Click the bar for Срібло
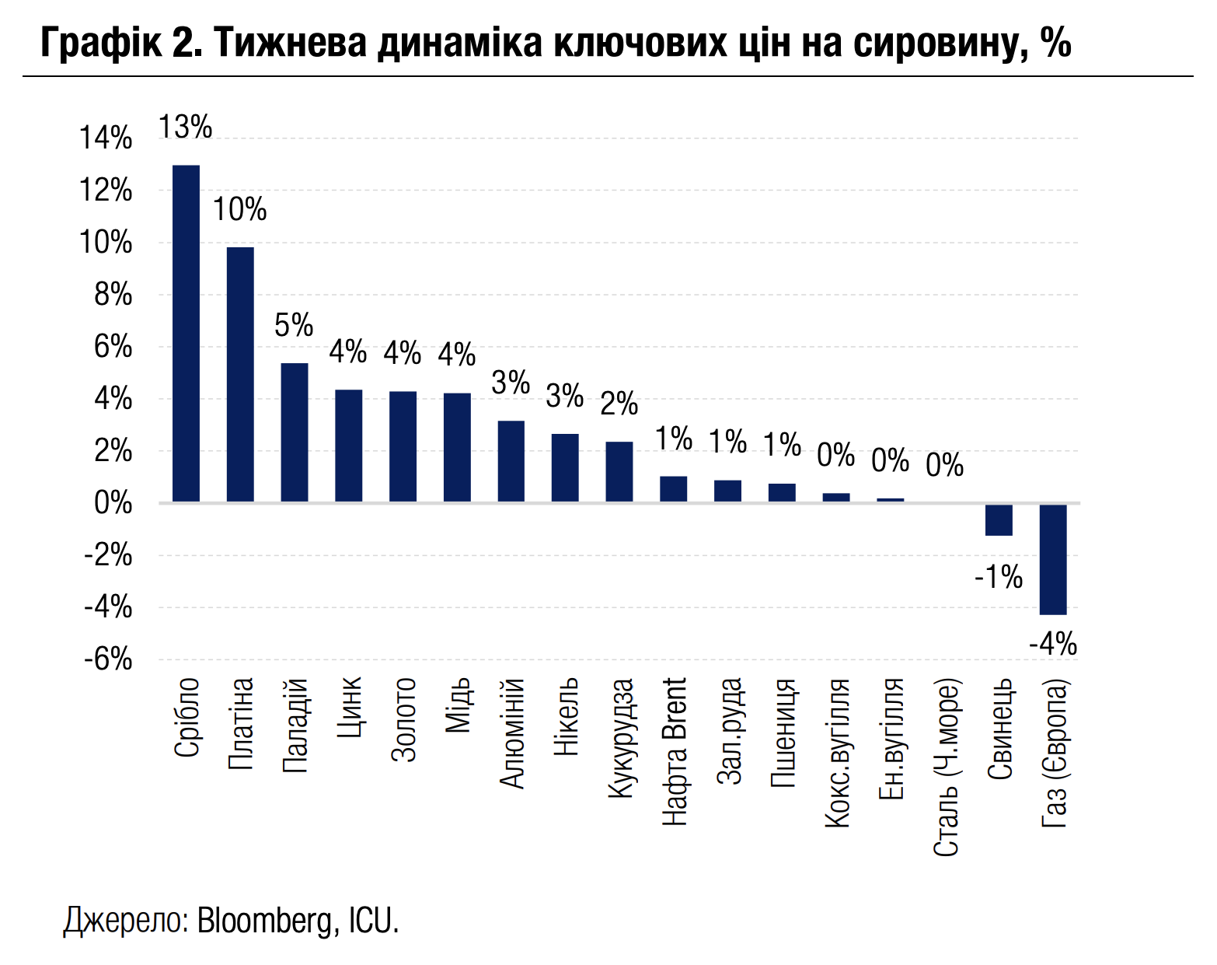pyautogui.click(x=186, y=334)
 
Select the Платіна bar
pyautogui.click(x=240, y=374)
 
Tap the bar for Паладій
pyautogui.click(x=295, y=432)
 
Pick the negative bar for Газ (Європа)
pyautogui.click(x=1053, y=559)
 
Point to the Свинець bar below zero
pyautogui.click(x=999, y=519)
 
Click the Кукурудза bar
pyautogui.click(x=619, y=472)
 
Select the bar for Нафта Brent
pyautogui.click(x=674, y=489)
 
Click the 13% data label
pyautogui.click(x=186, y=127)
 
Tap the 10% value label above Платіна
pyautogui.click(x=240, y=209)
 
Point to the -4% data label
pyautogui.click(x=1053, y=645)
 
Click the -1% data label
pyautogui.click(x=999, y=577)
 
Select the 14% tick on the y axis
pyautogui.click(x=106, y=138)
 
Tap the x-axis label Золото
pyautogui.click(x=403, y=719)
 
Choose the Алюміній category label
pyautogui.click(x=512, y=733)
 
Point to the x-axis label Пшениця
pyautogui.click(x=783, y=732)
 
